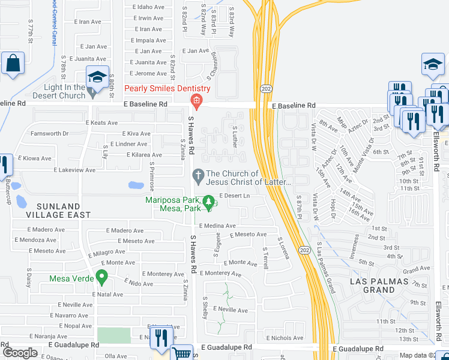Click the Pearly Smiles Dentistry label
(x=167, y=89)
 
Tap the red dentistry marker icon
(x=194, y=100)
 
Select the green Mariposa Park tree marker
(x=209, y=203)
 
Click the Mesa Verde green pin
(x=102, y=278)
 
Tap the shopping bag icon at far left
(x=12, y=63)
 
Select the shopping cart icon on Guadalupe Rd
(x=181, y=353)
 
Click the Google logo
(x=20, y=353)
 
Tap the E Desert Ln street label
(x=234, y=196)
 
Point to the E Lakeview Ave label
(x=74, y=170)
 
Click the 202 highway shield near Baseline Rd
(x=266, y=88)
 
